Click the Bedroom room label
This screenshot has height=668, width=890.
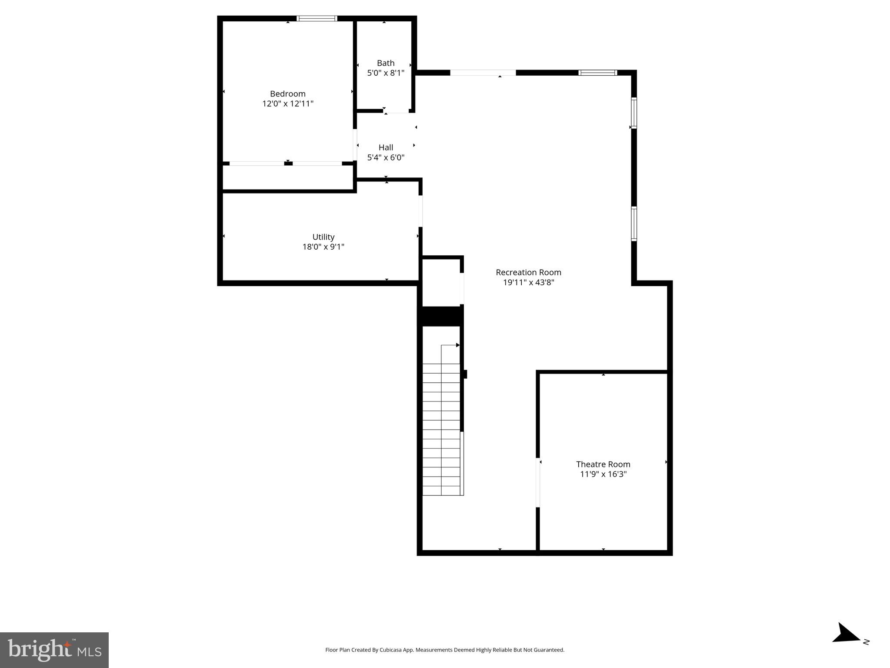(x=287, y=94)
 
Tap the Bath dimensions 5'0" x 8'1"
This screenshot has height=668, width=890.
(x=386, y=73)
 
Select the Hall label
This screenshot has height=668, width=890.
(x=386, y=147)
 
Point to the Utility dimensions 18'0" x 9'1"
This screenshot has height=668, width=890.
(x=323, y=247)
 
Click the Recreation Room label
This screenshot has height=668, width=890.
(x=528, y=273)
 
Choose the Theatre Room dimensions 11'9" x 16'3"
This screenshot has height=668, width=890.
(x=603, y=474)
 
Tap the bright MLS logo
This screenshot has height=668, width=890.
(x=54, y=650)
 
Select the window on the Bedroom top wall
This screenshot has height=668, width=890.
(x=317, y=18)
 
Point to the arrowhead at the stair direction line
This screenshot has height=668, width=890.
(x=458, y=345)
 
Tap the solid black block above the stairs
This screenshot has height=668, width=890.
(x=440, y=316)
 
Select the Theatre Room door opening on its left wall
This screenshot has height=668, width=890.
(x=538, y=482)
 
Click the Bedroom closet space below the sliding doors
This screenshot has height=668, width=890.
(x=287, y=177)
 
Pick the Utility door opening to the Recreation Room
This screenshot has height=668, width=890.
(x=420, y=211)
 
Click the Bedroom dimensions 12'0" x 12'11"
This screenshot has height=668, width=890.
(x=287, y=104)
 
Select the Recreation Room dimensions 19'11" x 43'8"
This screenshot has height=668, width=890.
(x=528, y=283)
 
